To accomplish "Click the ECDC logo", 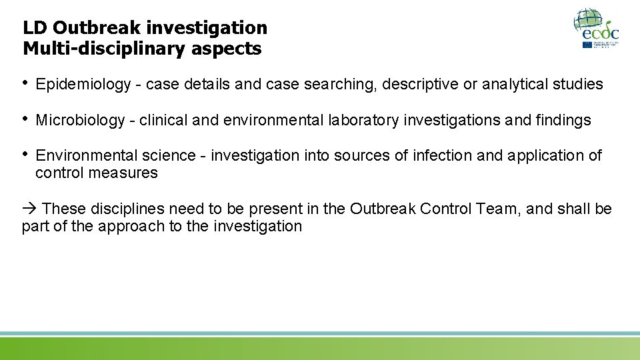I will (x=597, y=28).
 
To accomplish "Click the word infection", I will (x=443, y=156).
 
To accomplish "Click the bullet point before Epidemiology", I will (x=26, y=83).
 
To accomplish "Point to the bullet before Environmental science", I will (x=26, y=155).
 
